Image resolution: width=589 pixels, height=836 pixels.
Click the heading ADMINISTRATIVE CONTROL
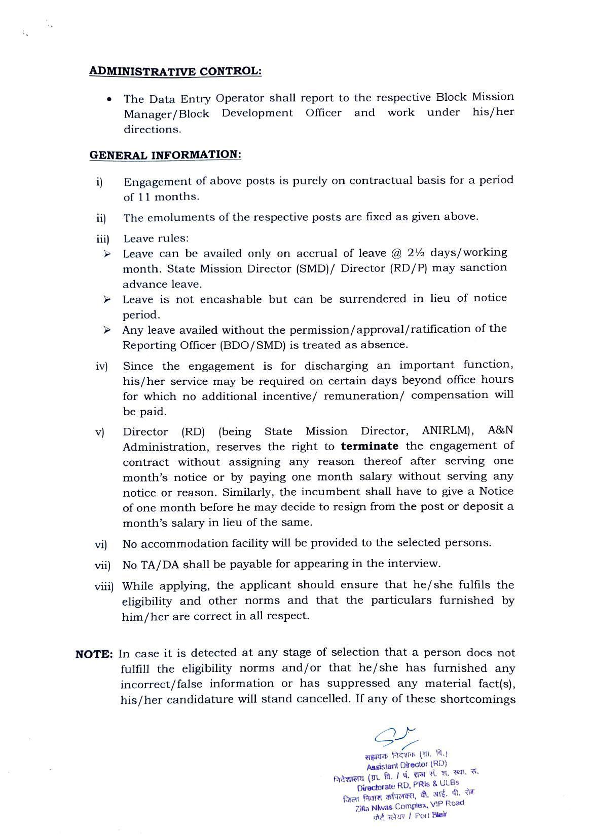pyautogui.click(x=175, y=71)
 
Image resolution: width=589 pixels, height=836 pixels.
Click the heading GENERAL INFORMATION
pyautogui.click(x=165, y=154)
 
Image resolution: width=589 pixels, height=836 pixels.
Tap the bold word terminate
pyautogui.click(x=370, y=446)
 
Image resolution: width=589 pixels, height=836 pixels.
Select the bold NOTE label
pyautogui.click(x=94, y=654)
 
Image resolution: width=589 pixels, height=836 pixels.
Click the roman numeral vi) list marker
pyautogui.click(x=101, y=544)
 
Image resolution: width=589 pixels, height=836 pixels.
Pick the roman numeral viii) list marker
pyautogui.click(x=104, y=586)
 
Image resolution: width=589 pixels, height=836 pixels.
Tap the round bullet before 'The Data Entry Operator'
pyautogui.click(x=109, y=99)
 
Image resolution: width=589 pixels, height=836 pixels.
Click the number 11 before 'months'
pyautogui.click(x=144, y=196)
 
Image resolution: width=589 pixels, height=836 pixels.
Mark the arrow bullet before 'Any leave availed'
pyautogui.click(x=107, y=330)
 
